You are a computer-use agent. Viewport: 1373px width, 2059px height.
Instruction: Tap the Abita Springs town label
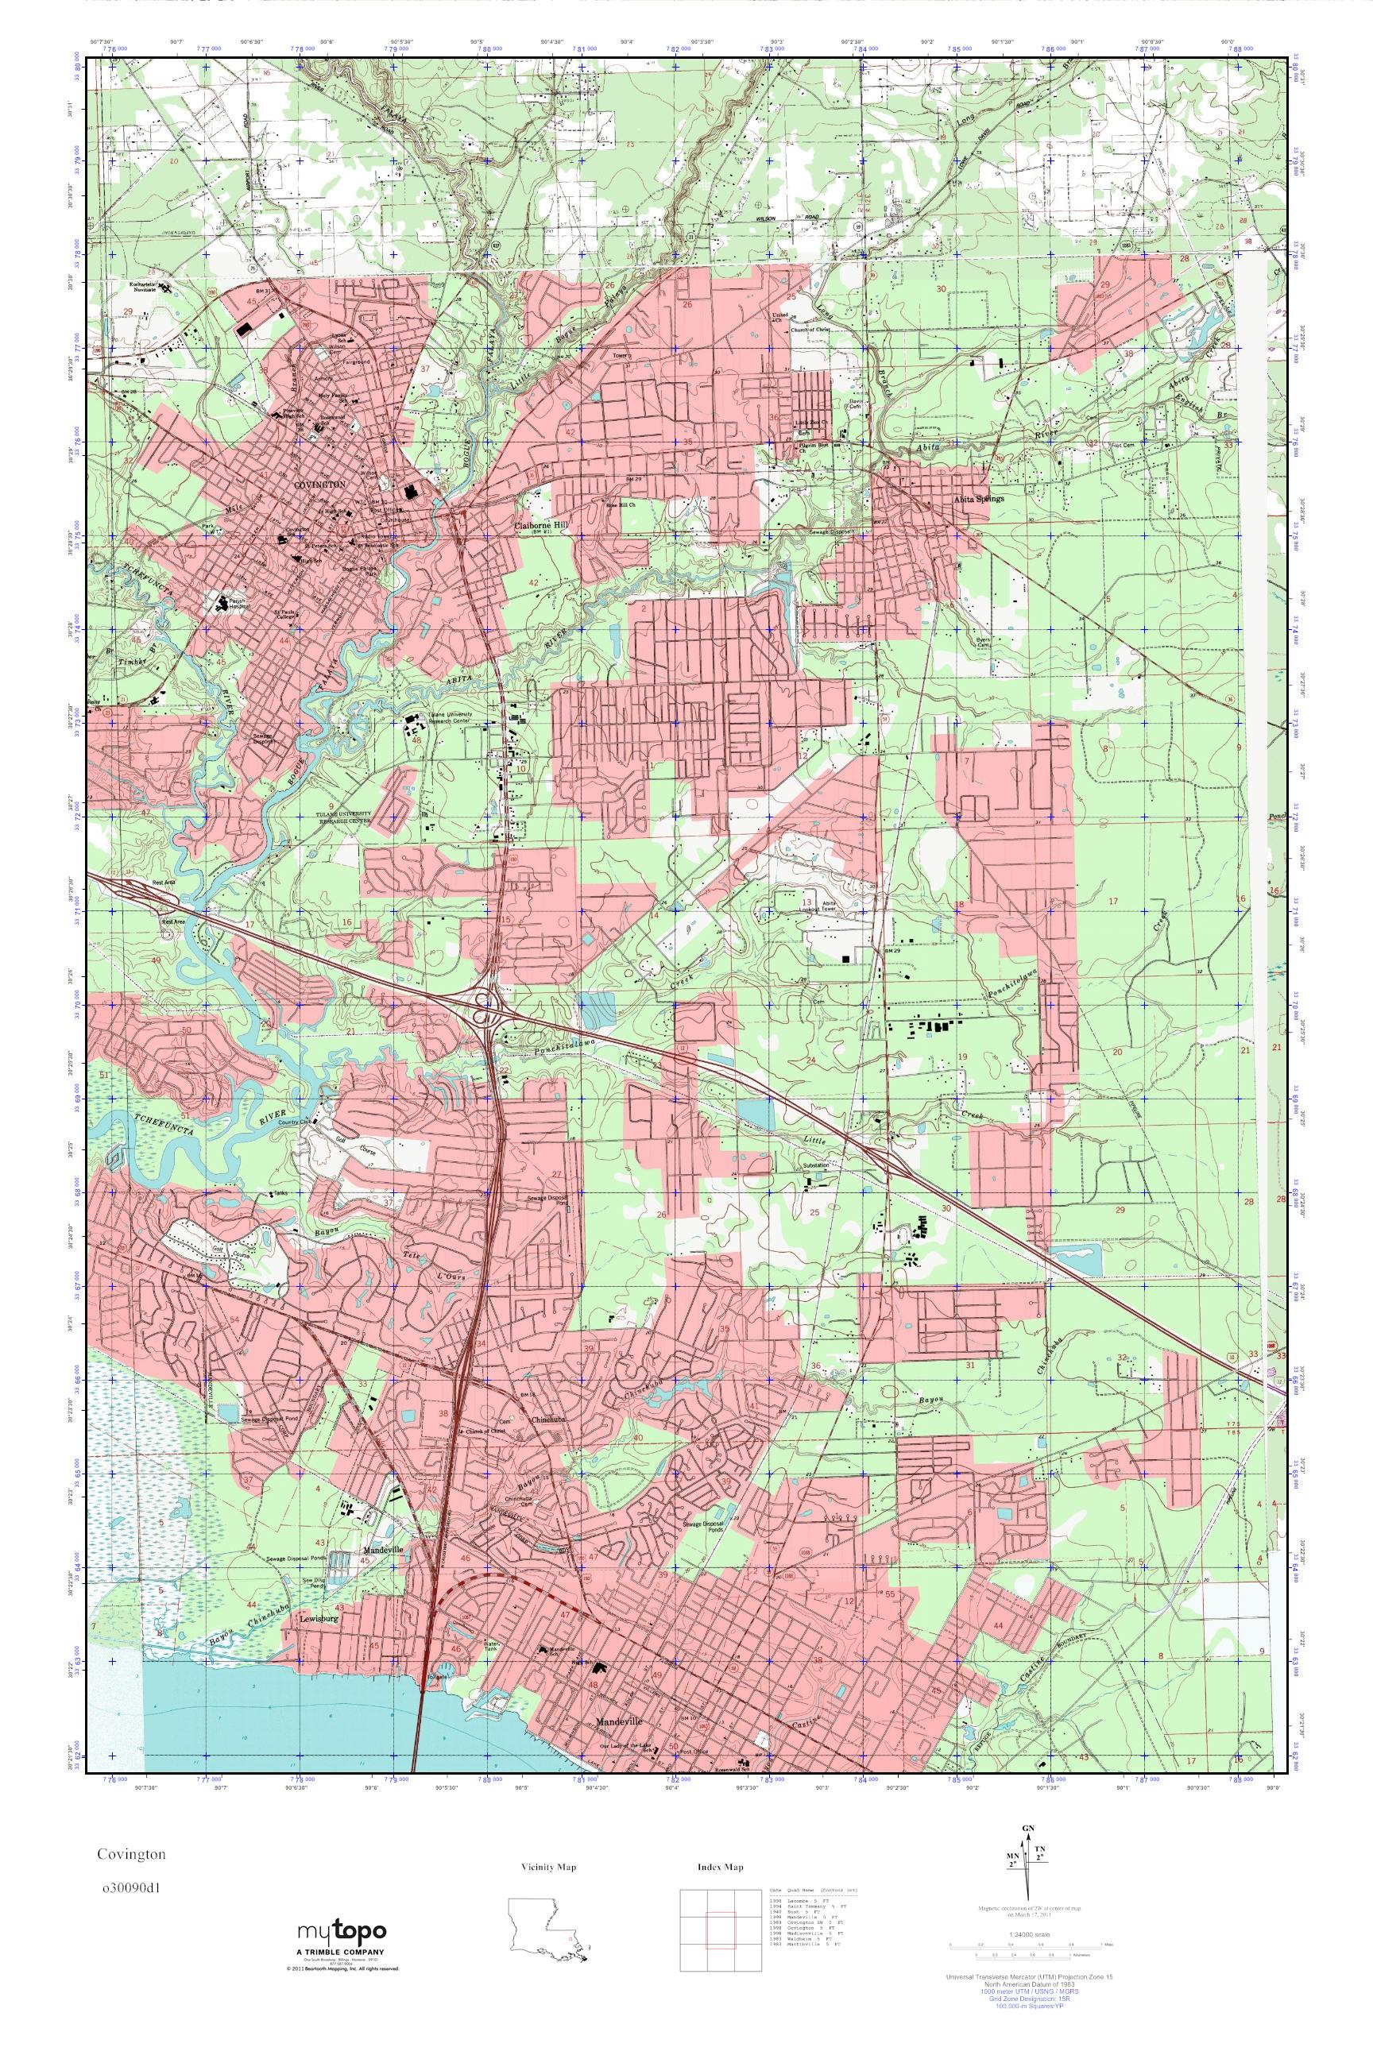[979, 498]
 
